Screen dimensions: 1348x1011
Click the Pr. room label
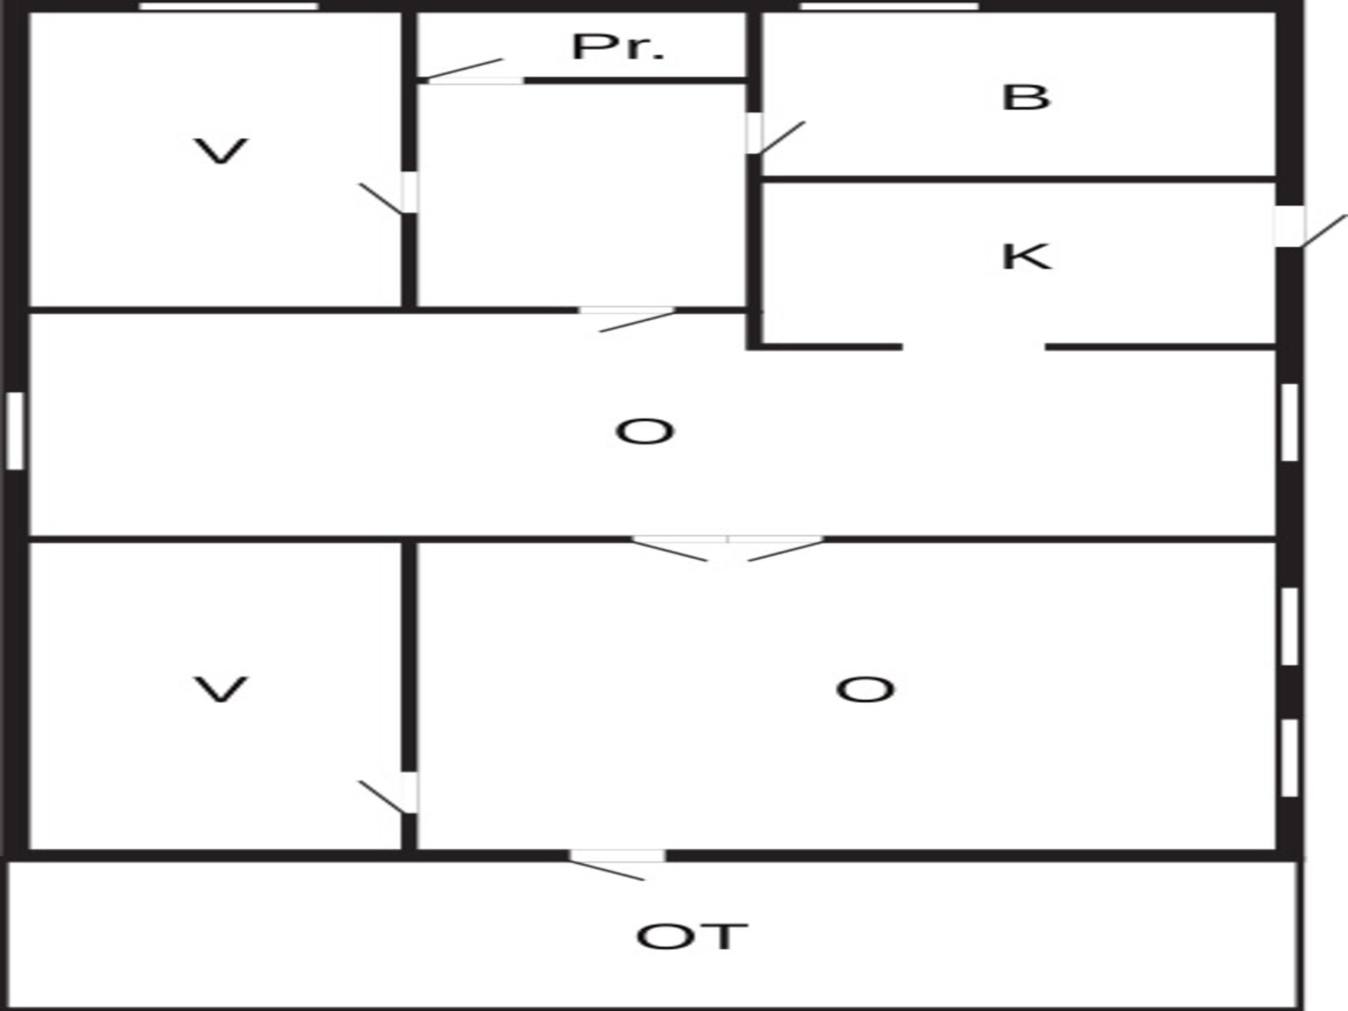tap(618, 48)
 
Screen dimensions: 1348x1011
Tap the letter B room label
tap(1026, 98)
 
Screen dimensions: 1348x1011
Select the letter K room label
tap(1026, 256)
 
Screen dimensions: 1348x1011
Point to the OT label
tap(692, 937)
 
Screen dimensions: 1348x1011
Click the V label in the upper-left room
tap(220, 152)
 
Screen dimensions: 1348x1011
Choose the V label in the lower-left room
tap(220, 689)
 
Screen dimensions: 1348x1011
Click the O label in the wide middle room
tap(645, 432)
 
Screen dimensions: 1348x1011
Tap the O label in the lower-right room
tap(865, 689)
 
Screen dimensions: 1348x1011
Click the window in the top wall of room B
tap(889, 6)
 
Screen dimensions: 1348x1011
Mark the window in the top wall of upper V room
tap(229, 6)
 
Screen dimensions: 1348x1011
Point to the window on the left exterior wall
tap(15, 430)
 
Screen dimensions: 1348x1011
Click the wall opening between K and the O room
tap(974, 347)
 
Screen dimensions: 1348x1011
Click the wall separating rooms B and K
tap(1018, 180)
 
